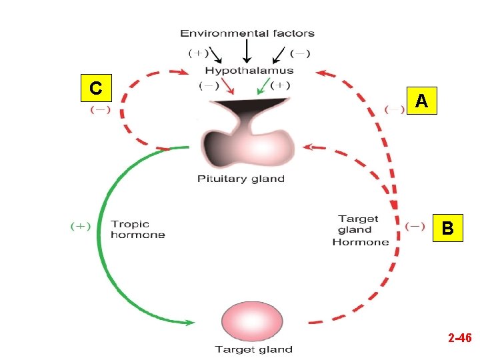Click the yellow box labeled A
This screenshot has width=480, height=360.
[x=421, y=101]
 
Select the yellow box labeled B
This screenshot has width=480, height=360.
[x=447, y=228]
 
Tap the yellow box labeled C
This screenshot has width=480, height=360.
[x=96, y=88]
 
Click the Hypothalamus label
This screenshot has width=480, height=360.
[x=249, y=71]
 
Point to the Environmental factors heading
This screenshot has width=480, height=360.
[x=247, y=33]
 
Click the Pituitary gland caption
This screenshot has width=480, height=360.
[x=241, y=179]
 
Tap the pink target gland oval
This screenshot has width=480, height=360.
[x=252, y=321]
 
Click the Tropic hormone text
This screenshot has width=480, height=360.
[x=138, y=229]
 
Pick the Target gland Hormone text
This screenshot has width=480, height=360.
[x=360, y=230]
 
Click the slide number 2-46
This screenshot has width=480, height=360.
[x=460, y=337]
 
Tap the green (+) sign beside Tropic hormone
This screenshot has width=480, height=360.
[x=81, y=226]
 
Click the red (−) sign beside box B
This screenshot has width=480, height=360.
[x=415, y=227]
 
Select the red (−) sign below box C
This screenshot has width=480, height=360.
[x=101, y=109]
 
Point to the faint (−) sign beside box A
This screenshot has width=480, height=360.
[x=395, y=109]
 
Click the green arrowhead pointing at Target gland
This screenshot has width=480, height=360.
[x=191, y=323]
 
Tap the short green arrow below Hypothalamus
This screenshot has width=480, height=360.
[x=263, y=86]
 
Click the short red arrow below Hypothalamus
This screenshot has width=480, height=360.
[x=228, y=86]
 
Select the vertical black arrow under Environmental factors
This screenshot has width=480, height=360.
[x=247, y=51]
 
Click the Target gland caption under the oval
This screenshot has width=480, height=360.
[x=254, y=349]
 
